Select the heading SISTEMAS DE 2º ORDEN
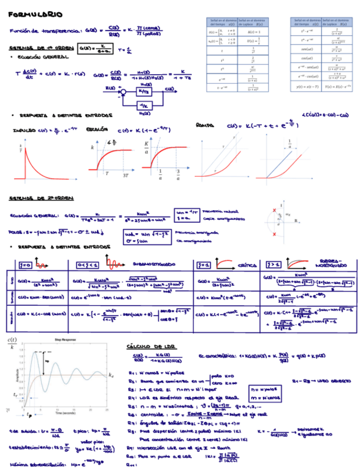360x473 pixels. pos(42,198)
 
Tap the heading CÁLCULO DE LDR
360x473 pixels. pos(151,346)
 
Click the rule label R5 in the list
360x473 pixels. pos(131,407)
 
